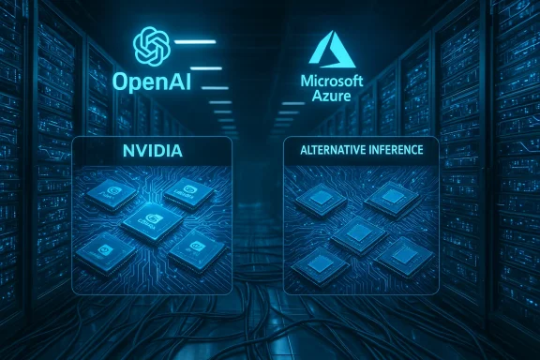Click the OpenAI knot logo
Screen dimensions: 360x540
(x=151, y=45)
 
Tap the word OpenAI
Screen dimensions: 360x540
(x=151, y=81)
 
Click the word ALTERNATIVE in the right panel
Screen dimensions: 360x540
(x=328, y=149)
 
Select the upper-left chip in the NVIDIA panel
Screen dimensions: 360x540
(x=110, y=194)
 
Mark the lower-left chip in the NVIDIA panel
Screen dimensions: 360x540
(x=106, y=250)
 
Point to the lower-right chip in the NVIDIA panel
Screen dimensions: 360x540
(x=198, y=248)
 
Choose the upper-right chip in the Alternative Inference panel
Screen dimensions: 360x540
(x=392, y=197)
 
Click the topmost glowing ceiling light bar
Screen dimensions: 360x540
(x=196, y=41)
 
